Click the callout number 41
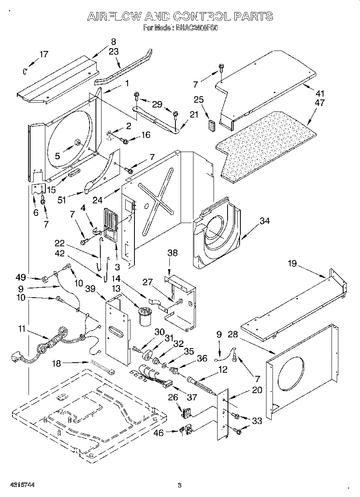[x=320, y=93]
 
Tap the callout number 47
[x=320, y=103]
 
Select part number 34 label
[x=264, y=220]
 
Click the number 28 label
[x=233, y=335]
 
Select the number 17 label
[x=43, y=55]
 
